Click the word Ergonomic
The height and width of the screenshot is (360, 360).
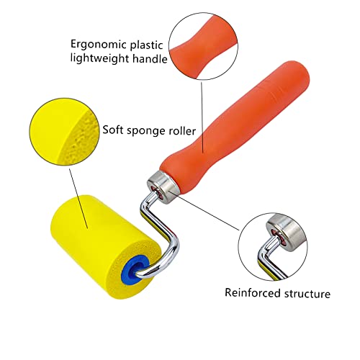coord(98,45)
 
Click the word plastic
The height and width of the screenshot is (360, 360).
coord(147,45)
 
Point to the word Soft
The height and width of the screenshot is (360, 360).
coord(113,130)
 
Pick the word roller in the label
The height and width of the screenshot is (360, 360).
coord(182,130)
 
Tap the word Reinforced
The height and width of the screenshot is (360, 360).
coord(253,293)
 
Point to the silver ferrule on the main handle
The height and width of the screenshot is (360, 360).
coord(162,187)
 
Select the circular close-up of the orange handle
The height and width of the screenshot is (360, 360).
coord(204,46)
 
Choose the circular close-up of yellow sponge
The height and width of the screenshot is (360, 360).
coord(64,131)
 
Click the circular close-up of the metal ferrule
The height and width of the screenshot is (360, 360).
coord(273,246)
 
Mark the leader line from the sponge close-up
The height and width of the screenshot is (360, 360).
coord(78,198)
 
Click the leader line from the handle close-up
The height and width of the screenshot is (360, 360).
coord(202,117)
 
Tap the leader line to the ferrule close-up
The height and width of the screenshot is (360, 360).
coord(204,210)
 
